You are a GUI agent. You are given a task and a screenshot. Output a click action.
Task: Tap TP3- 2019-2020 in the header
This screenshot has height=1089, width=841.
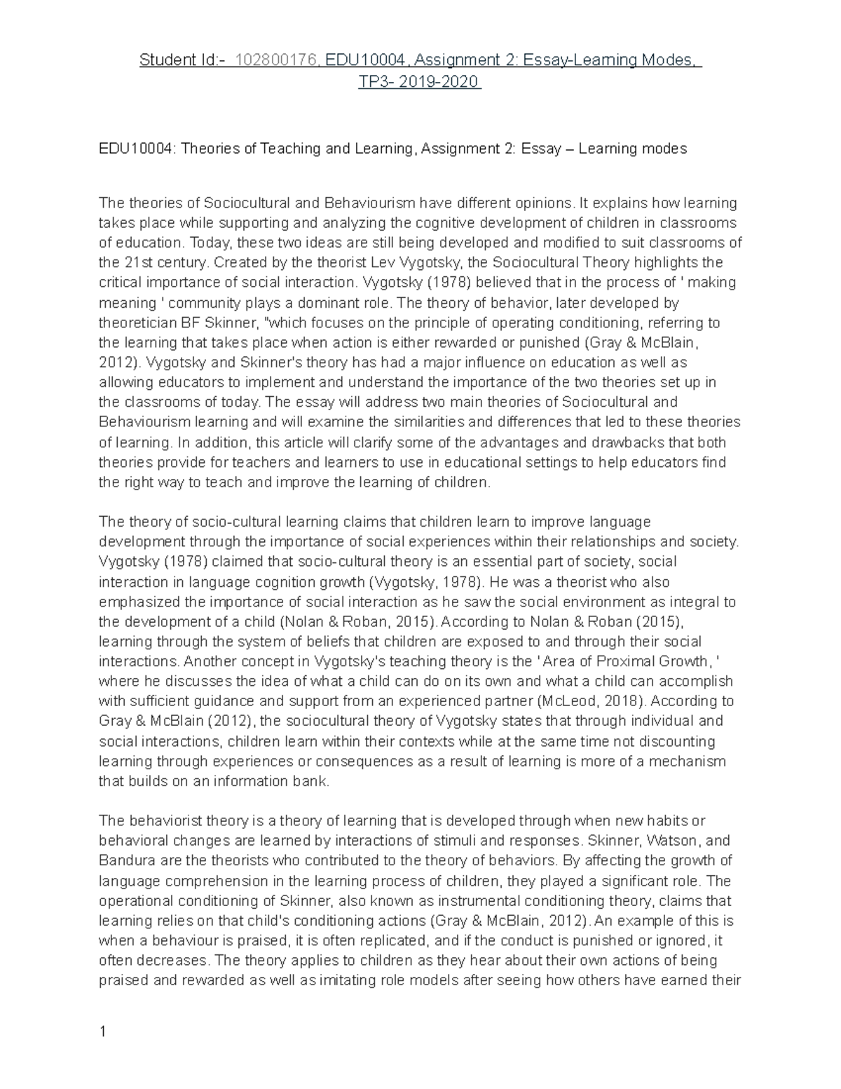point(419,82)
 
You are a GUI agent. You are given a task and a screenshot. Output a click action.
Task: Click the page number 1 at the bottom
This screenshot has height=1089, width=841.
point(103,1031)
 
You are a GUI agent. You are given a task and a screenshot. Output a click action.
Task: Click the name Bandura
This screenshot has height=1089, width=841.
point(124,860)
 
